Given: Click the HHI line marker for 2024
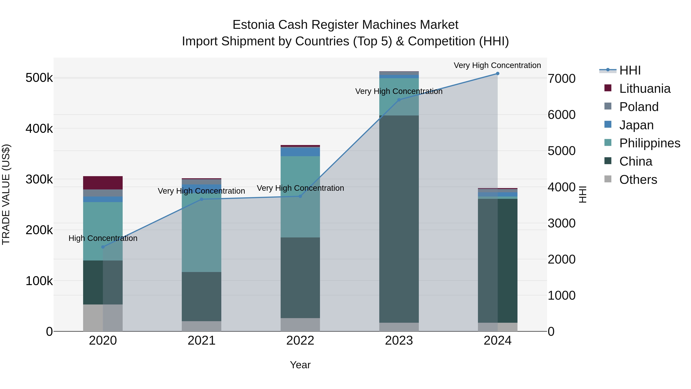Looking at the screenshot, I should (x=497, y=74).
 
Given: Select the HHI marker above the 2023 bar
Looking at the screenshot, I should (x=399, y=100).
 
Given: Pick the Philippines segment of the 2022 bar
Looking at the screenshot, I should (x=300, y=197).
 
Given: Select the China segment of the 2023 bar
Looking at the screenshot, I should (x=399, y=219).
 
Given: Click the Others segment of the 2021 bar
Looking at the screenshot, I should (x=202, y=326).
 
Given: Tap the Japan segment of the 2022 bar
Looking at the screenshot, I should (x=300, y=152).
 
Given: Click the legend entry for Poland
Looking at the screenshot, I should (x=639, y=107).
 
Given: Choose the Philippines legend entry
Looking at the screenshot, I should (x=649, y=143).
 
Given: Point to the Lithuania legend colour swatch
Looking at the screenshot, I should (x=608, y=88).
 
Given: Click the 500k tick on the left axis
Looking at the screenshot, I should (x=39, y=78).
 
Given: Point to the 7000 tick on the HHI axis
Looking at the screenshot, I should (x=561, y=79).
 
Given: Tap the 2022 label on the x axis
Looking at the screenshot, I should (x=300, y=341).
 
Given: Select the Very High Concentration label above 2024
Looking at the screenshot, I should (x=497, y=65).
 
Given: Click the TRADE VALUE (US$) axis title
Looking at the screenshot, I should (x=6, y=194).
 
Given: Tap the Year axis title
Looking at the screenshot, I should (x=300, y=365).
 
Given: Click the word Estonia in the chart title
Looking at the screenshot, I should (x=254, y=25).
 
